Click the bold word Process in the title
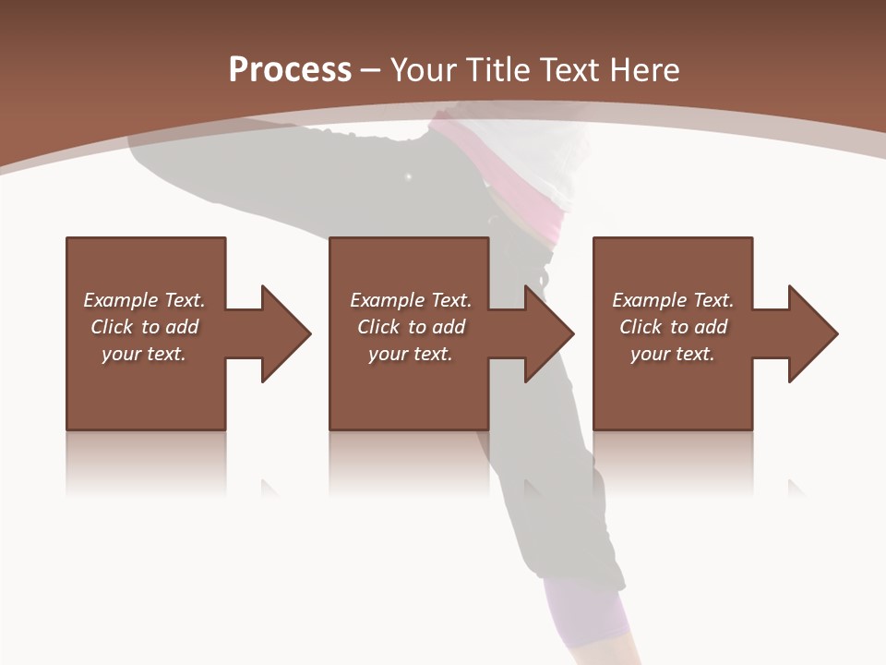[x=290, y=70]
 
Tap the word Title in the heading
[x=498, y=70]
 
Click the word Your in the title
[x=425, y=70]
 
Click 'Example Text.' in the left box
[x=144, y=300]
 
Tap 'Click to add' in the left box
[x=144, y=327]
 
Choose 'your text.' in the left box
[x=144, y=354]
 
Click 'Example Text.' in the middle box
[x=411, y=300]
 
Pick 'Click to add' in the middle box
[x=411, y=327]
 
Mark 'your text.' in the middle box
[x=411, y=354]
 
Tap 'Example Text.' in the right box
[x=673, y=300]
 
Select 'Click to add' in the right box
[x=673, y=327]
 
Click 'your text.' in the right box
[x=673, y=354]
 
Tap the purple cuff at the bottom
[x=586, y=614]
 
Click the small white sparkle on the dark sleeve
[x=408, y=175]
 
